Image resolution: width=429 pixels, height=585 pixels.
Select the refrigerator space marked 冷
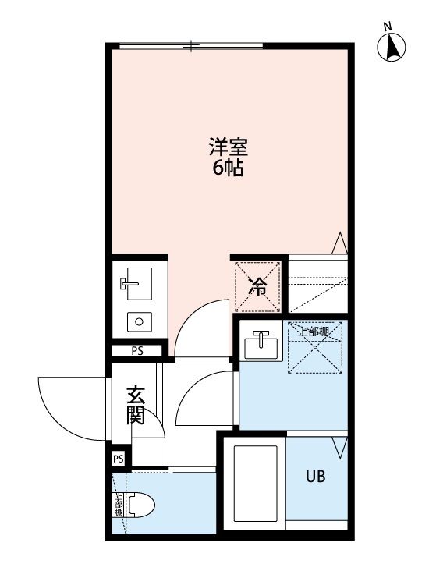[257, 286]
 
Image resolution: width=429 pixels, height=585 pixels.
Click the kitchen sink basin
[137, 285]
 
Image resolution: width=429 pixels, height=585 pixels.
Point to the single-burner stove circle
[139, 321]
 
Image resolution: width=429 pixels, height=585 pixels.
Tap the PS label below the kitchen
[137, 351]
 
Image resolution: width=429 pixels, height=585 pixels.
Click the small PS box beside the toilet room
[119, 459]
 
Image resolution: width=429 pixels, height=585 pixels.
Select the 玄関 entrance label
[136, 405]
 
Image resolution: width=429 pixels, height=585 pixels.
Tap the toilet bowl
[139, 506]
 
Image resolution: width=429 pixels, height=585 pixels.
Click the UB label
[316, 477]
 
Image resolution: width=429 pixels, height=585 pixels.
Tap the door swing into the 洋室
[195, 328]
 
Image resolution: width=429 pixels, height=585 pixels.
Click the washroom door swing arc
[204, 399]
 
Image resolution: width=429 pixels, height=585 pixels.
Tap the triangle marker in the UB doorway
[339, 448]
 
